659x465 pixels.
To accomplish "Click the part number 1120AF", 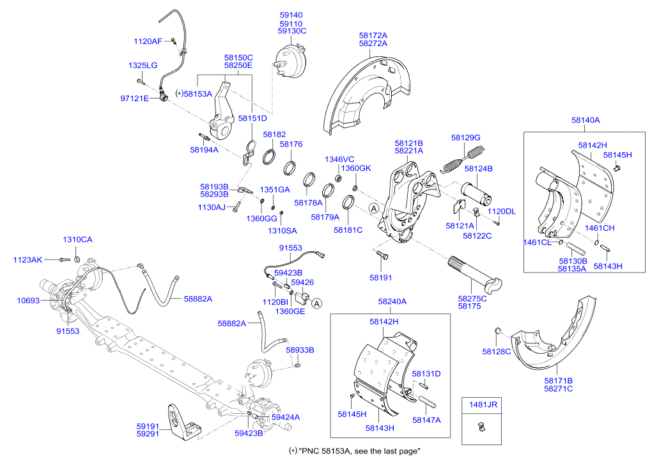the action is (x=148, y=41).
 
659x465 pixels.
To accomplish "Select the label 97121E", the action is (x=134, y=99).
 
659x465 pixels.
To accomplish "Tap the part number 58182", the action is (x=274, y=134).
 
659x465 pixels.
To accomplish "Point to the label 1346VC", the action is (x=339, y=159).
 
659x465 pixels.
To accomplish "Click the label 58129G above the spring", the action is (x=466, y=138).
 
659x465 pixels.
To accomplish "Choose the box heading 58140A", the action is (x=585, y=120).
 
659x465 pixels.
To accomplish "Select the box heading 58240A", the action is (x=392, y=301).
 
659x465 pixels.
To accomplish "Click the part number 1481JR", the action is (x=483, y=404).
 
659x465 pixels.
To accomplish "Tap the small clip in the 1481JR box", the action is (x=482, y=427).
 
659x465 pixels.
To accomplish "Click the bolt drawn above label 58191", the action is (x=382, y=255).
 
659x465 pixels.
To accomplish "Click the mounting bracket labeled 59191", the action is (x=183, y=422).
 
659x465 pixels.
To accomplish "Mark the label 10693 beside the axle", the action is (x=28, y=301).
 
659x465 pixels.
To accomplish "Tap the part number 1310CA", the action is (x=77, y=240).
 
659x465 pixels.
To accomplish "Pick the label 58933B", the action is (x=300, y=351).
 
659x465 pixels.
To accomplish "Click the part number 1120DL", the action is (x=501, y=212).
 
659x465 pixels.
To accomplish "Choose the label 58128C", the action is (x=497, y=352).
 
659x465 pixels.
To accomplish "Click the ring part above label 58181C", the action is (x=348, y=203).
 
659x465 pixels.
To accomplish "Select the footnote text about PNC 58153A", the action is (x=354, y=451).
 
